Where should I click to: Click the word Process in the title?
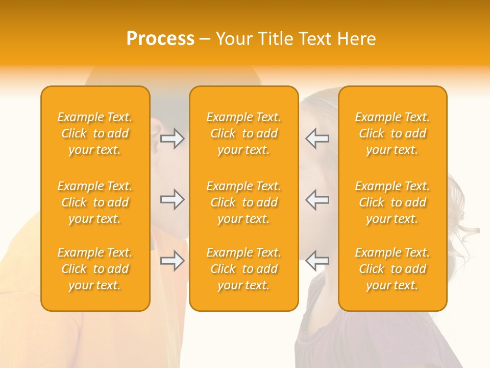[x=160, y=39]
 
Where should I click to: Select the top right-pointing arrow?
[x=173, y=139]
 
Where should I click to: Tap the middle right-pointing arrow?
[x=173, y=199]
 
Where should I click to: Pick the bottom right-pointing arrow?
[x=173, y=261]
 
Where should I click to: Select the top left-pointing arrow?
[x=317, y=139]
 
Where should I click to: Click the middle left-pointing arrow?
[x=317, y=199]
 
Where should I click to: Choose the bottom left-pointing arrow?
[x=317, y=261]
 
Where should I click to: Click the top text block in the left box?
[x=95, y=133]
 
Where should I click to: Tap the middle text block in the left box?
[x=95, y=202]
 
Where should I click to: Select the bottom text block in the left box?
[x=95, y=269]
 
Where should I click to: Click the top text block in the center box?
[x=243, y=133]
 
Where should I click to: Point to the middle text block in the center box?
[x=243, y=202]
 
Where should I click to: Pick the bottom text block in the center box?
[x=243, y=269]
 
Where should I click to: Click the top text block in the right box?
[x=393, y=133]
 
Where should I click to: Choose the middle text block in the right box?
[x=393, y=202]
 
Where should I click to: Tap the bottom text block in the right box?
[x=393, y=269]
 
